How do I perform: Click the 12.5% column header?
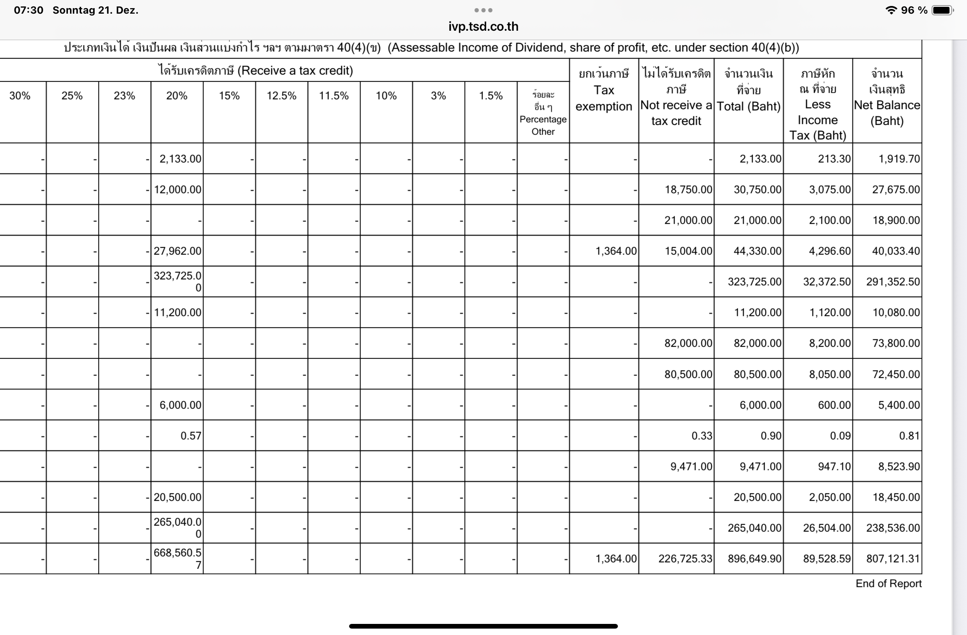(281, 96)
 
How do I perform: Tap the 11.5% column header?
(334, 96)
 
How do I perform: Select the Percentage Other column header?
(543, 113)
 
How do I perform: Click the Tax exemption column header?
(603, 98)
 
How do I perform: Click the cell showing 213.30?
(834, 159)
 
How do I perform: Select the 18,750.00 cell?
(688, 189)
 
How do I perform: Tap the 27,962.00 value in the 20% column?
(178, 251)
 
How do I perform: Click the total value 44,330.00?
(757, 251)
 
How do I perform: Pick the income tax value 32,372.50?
(827, 282)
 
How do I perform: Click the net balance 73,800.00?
(896, 343)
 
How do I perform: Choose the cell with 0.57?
(190, 436)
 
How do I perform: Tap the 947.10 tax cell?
(834, 466)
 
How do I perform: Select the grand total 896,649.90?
(754, 559)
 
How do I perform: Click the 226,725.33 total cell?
(685, 559)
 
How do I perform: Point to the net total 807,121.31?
(893, 559)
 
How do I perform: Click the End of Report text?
(888, 583)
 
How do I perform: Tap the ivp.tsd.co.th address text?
(483, 26)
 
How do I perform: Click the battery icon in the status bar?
(942, 10)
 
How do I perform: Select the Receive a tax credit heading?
(255, 70)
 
